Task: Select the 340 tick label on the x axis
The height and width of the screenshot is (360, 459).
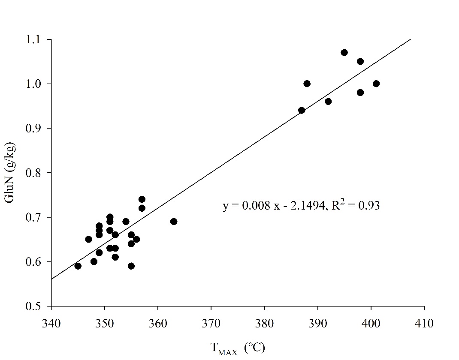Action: tap(51, 321)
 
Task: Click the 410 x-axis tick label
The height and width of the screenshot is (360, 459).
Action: tap(424, 321)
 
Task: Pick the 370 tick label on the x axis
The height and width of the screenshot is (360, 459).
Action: tap(211, 321)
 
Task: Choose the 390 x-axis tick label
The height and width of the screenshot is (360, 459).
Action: tap(318, 321)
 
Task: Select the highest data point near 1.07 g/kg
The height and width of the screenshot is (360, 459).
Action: tap(344, 52)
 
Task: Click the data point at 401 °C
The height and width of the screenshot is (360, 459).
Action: tap(376, 84)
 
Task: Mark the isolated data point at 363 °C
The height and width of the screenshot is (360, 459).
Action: tap(174, 222)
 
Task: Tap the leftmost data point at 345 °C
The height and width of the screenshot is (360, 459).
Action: tap(78, 266)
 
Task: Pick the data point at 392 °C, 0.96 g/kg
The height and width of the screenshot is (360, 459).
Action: tap(328, 102)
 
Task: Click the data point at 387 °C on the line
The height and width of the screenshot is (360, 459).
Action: tap(302, 110)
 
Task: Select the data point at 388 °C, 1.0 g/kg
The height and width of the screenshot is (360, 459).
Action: tap(307, 84)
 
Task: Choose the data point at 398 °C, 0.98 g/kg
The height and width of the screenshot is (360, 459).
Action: tap(360, 93)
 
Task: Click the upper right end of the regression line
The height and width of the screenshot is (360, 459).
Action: tap(411, 39)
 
